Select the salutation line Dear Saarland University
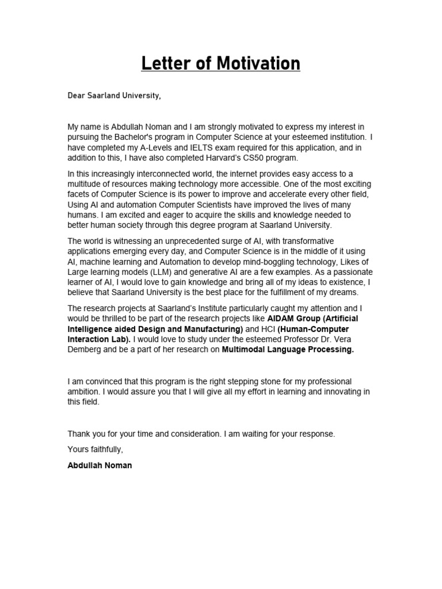(114, 95)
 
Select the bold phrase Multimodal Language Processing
(288, 350)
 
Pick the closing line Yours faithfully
(95, 449)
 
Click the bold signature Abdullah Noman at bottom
(100, 465)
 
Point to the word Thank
(79, 434)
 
